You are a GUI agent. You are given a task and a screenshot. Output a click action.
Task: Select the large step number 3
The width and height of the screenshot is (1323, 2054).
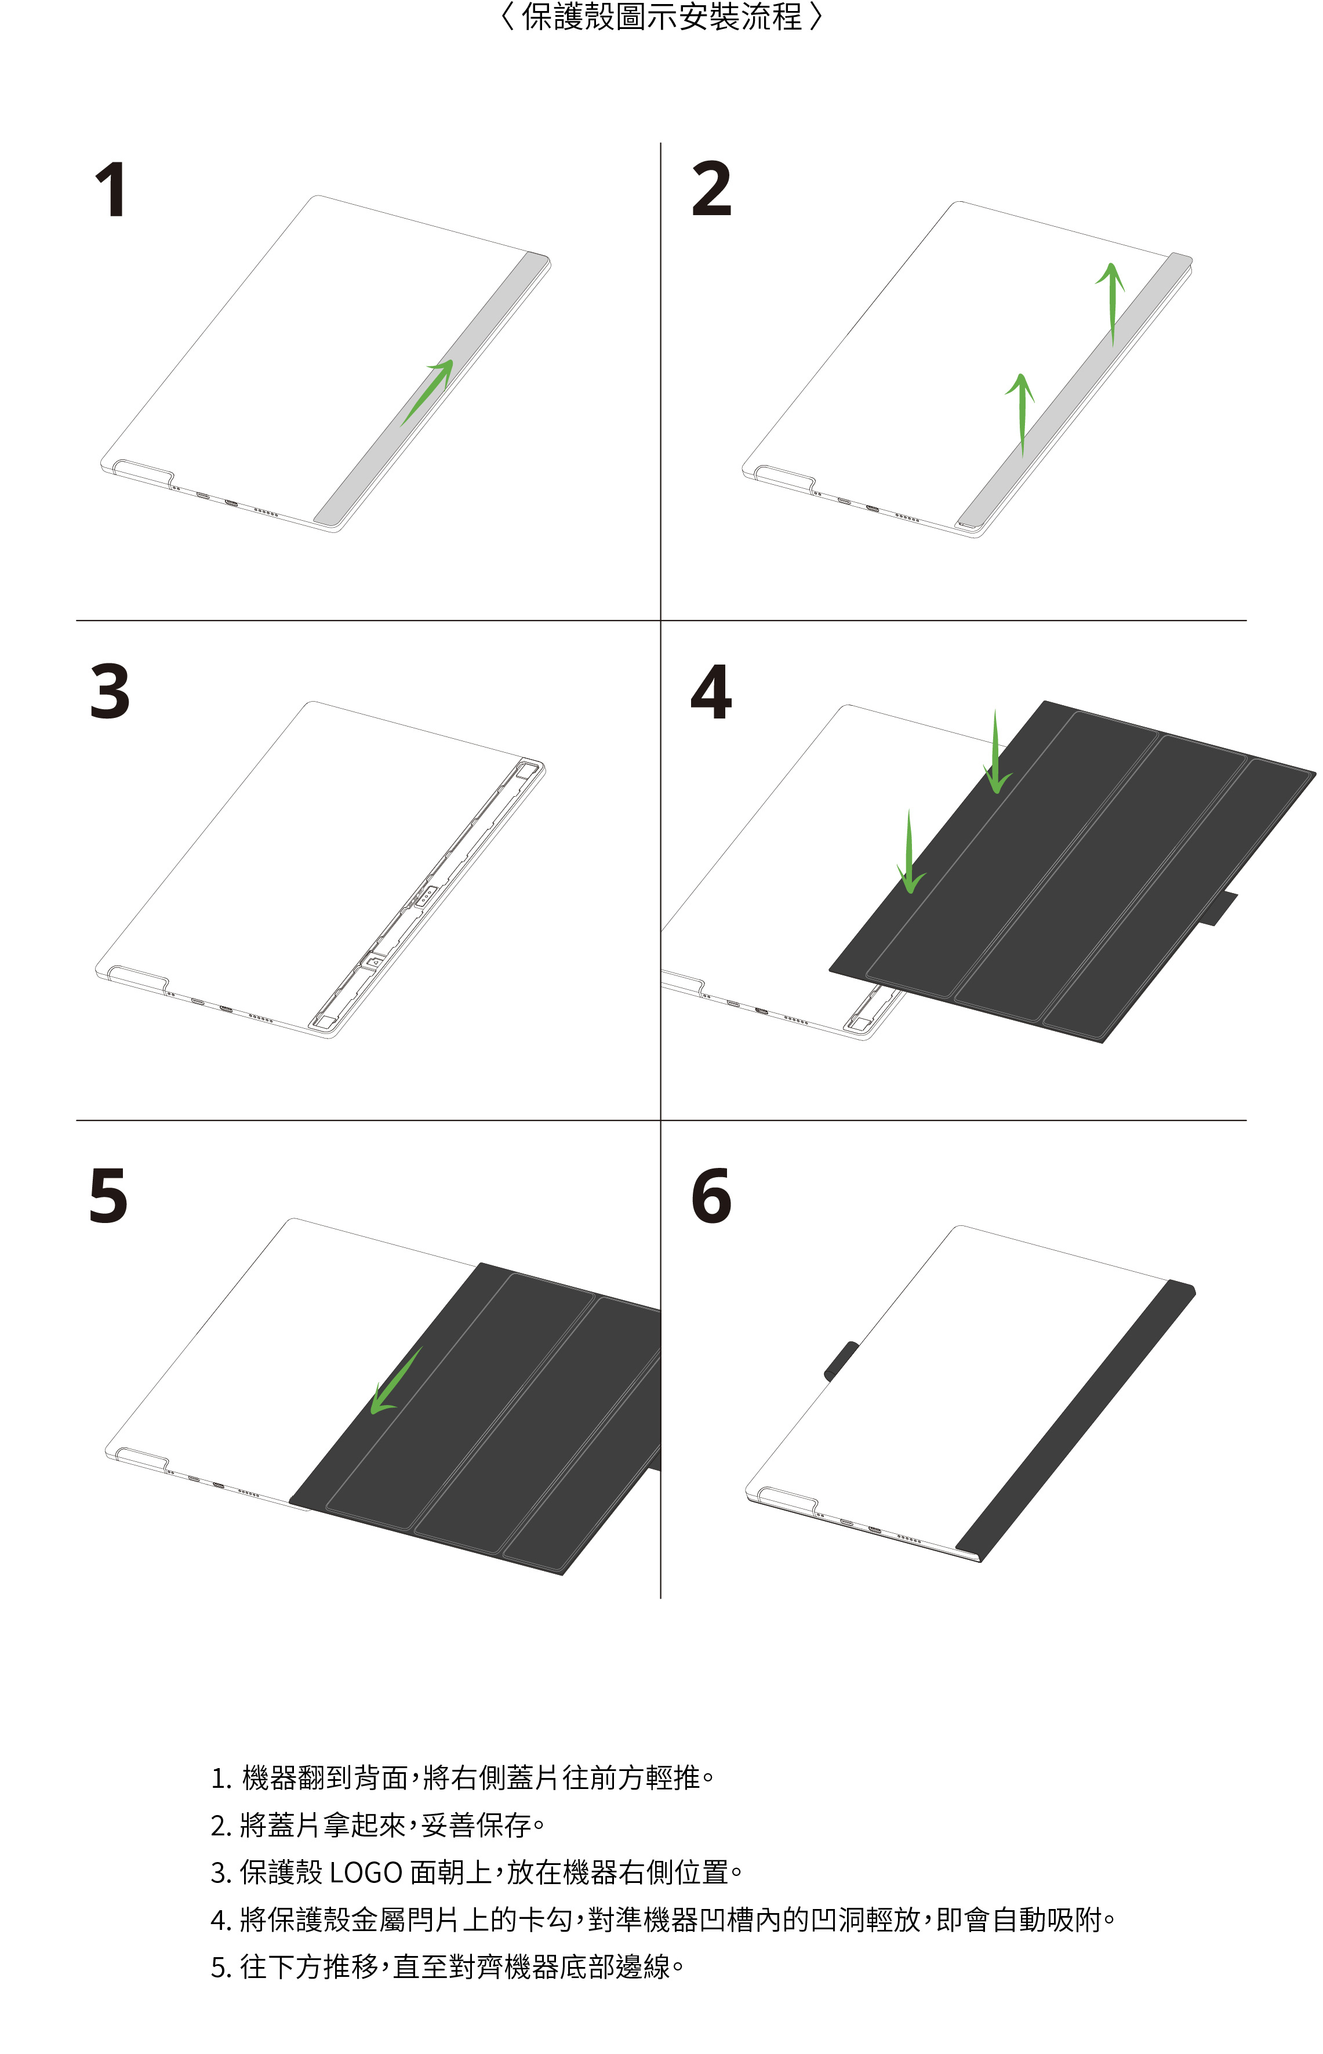tap(110, 692)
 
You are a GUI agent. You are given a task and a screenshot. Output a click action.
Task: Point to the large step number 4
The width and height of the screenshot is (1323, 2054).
tap(711, 692)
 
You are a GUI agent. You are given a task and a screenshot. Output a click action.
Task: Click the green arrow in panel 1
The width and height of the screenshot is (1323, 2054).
tap(427, 393)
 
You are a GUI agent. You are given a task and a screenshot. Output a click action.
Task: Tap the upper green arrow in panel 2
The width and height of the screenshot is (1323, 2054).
tap(1111, 304)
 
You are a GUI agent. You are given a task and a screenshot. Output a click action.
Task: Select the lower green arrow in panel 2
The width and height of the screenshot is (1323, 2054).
tap(1020, 415)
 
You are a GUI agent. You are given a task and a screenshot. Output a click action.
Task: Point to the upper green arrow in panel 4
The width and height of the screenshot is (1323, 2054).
tap(997, 752)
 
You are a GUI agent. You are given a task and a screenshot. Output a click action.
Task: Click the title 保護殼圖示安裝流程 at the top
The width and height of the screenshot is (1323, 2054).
tap(661, 17)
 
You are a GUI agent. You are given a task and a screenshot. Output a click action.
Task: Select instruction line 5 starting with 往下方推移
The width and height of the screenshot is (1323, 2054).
tap(447, 1966)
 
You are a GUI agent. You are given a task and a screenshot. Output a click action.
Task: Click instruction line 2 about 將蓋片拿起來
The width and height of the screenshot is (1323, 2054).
tap(378, 1824)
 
